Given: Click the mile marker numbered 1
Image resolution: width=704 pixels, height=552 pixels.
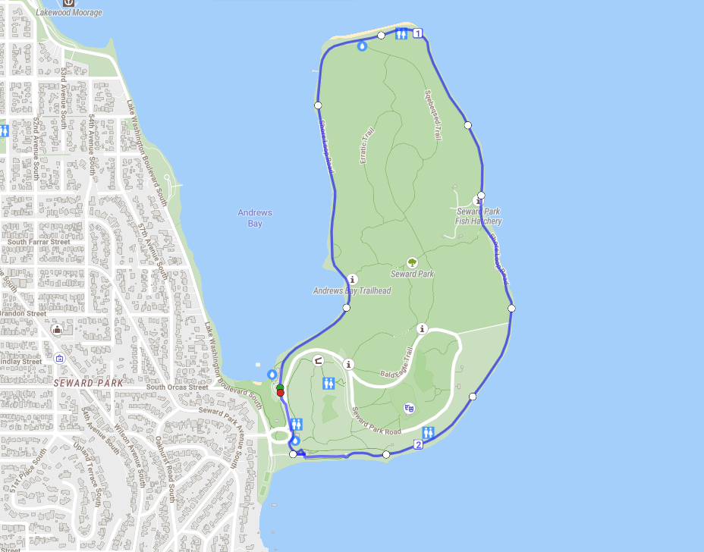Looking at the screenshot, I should tap(417, 33).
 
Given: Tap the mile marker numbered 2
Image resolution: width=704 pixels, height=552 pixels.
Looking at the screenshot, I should tap(418, 444).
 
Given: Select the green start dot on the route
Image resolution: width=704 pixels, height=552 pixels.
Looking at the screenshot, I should tap(280, 387).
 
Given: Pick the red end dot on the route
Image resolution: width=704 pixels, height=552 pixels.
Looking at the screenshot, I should tap(280, 393).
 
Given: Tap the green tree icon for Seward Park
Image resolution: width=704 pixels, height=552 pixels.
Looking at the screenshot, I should tap(412, 262).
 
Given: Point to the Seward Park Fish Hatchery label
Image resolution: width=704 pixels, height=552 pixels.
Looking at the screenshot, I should tap(479, 216).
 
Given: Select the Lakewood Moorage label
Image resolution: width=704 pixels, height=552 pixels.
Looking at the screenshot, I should tap(69, 13).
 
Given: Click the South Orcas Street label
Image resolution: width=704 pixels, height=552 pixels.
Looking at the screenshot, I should tap(177, 387).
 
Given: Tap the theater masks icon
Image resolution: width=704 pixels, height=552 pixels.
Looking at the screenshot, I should tap(410, 408).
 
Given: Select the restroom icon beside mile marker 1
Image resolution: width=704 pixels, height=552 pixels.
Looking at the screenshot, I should tap(401, 33).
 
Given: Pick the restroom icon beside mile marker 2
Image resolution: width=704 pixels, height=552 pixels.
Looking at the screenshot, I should tap(429, 433).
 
